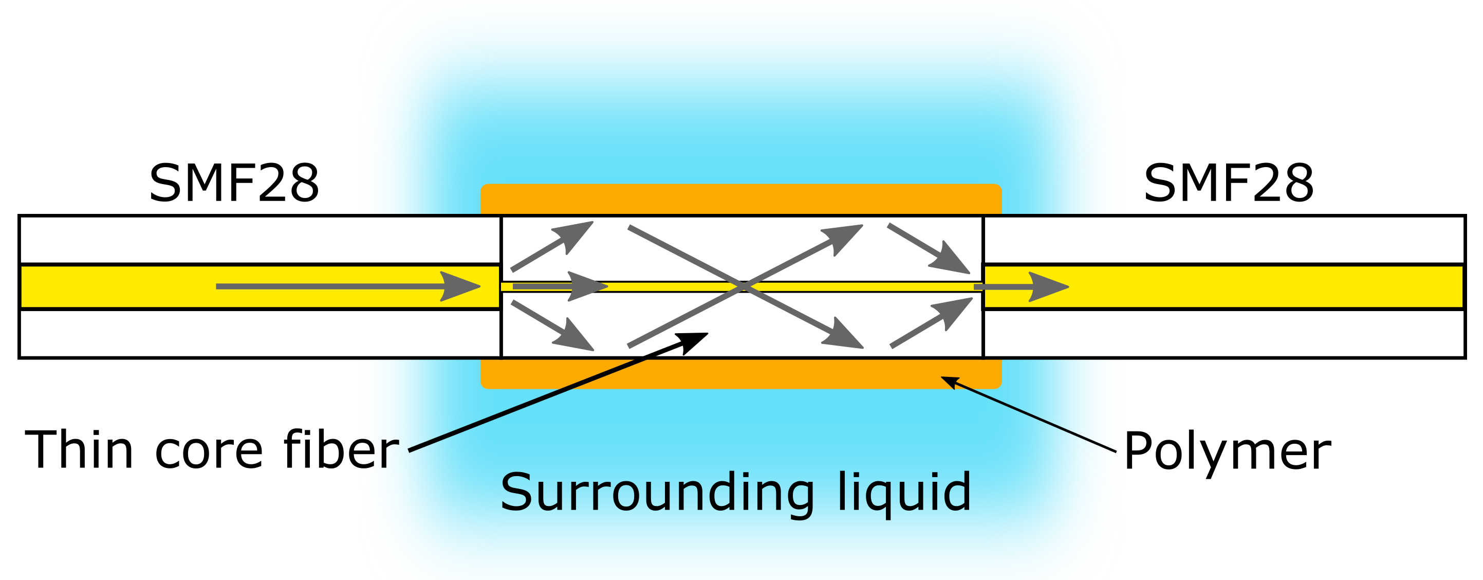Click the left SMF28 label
click(x=234, y=184)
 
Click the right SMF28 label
click(x=1229, y=184)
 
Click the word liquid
click(x=904, y=493)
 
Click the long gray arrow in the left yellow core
click(x=345, y=286)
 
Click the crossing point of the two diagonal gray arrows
click(x=742, y=286)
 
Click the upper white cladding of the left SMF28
click(x=259, y=240)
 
